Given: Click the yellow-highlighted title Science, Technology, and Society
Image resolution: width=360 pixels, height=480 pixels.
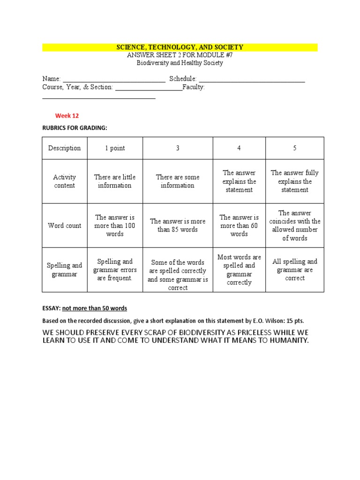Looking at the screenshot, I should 180,47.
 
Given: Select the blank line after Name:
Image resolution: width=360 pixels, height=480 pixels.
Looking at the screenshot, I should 114,80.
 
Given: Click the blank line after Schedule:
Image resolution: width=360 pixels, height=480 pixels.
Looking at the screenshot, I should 252,80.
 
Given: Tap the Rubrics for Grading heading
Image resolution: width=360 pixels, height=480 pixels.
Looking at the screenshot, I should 75,128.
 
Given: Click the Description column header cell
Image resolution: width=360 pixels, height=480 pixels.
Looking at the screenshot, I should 64,148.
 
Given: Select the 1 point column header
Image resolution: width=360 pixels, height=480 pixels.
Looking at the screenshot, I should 115,148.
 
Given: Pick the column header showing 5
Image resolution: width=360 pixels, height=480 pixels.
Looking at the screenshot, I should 295,148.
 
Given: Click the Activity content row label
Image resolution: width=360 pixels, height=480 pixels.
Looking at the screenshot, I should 64,181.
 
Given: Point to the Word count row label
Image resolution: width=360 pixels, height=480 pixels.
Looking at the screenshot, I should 64,225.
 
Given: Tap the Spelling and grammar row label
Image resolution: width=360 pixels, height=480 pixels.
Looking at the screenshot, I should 64,270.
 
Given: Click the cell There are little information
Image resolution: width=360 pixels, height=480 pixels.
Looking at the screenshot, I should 115,181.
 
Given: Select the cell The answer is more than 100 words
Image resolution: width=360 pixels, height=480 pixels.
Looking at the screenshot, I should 115,225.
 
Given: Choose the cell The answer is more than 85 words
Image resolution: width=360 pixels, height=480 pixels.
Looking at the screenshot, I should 178,225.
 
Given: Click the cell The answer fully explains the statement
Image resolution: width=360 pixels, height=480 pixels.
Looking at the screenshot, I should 295,181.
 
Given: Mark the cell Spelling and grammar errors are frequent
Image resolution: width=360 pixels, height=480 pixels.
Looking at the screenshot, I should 115,270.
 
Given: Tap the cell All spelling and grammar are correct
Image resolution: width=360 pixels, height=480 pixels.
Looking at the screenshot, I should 295,270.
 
